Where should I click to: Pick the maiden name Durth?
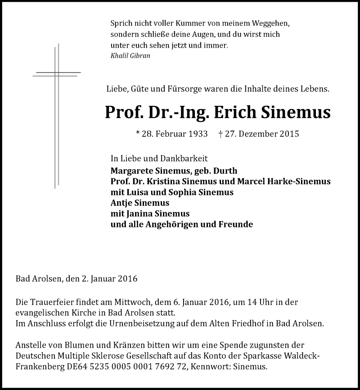tap(225, 171)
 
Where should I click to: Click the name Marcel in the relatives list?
tap(255, 181)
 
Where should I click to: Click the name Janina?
tap(142, 213)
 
